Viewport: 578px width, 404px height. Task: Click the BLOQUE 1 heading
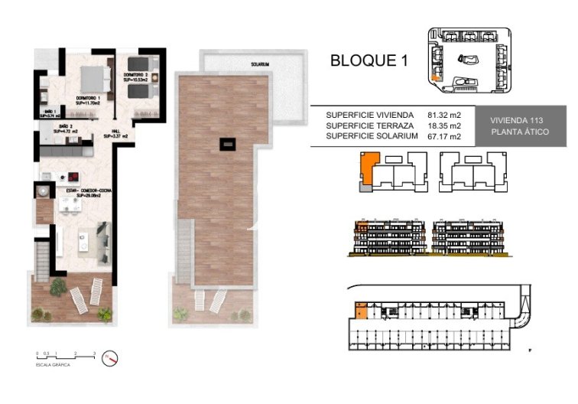368,60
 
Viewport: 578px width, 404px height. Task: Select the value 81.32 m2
444,115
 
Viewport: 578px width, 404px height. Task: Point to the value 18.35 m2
444,125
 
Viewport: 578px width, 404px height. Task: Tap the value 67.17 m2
444,136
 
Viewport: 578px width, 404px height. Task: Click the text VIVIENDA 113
516,120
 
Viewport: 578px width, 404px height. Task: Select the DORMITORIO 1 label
90,99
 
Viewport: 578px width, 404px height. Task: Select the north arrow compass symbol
112,357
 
